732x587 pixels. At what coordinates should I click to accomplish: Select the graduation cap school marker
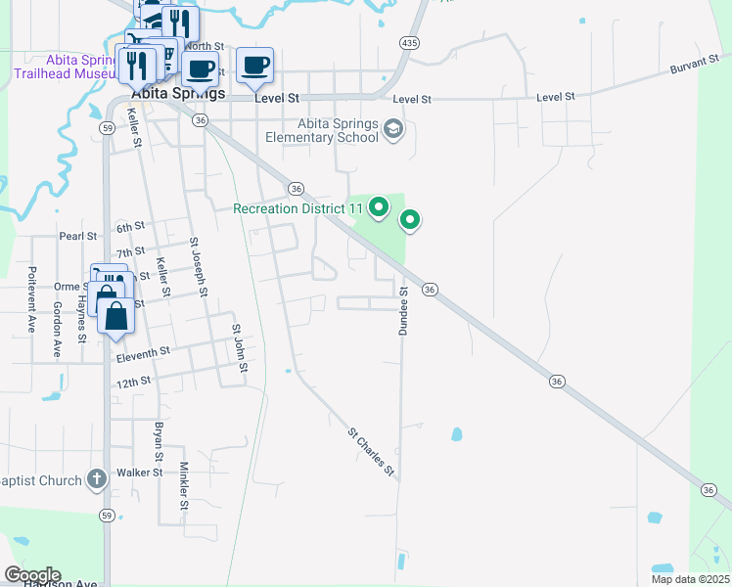click(393, 129)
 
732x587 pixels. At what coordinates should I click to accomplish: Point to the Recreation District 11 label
click(297, 208)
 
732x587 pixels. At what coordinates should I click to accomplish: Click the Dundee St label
click(402, 312)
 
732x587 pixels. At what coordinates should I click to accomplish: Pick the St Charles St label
click(372, 452)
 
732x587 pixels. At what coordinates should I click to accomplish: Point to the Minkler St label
click(183, 485)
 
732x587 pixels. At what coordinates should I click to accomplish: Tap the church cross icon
click(96, 478)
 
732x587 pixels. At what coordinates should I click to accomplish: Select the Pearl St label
click(77, 236)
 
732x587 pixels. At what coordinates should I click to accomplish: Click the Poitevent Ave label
click(32, 299)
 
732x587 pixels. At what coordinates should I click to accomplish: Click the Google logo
click(32, 574)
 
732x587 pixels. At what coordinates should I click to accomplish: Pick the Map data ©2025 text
click(688, 579)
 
